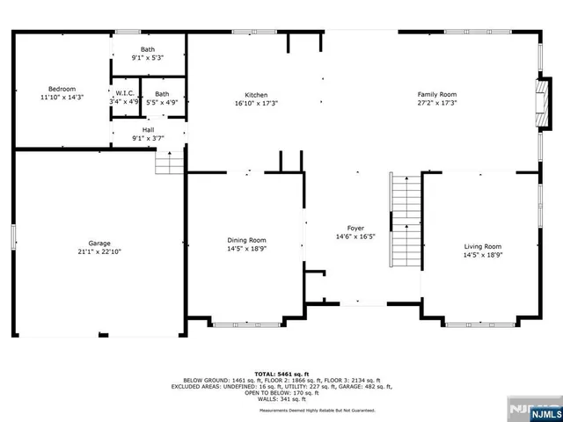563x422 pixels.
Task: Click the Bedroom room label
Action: point(62,89)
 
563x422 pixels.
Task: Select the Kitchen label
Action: point(256,95)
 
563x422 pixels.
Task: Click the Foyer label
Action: point(355,229)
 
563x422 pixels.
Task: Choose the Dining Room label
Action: point(247,240)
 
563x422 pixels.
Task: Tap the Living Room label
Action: point(482,246)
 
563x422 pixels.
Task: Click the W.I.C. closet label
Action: point(124,94)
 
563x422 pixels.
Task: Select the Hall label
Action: point(148,130)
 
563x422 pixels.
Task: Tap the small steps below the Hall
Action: point(168,162)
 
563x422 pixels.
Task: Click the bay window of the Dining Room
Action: point(245,324)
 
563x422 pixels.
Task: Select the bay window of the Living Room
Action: point(480,324)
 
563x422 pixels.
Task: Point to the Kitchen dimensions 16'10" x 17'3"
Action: point(256,103)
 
